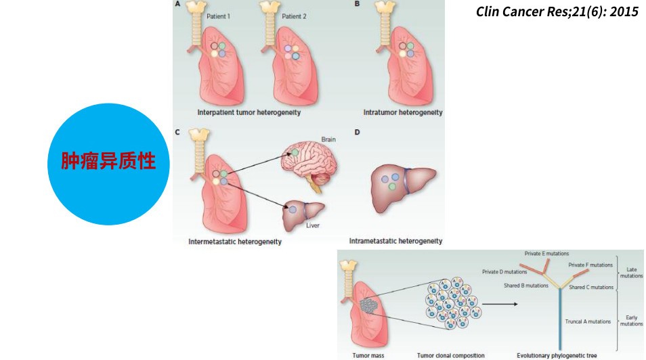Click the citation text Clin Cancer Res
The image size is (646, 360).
click(x=557, y=12)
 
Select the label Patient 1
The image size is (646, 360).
click(x=219, y=15)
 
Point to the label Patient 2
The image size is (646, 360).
click(x=294, y=15)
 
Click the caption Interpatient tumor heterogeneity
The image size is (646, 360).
click(x=249, y=112)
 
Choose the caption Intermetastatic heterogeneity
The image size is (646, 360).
click(x=235, y=241)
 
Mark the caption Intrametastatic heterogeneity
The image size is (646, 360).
click(x=395, y=241)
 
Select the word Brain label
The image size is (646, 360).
click(x=328, y=139)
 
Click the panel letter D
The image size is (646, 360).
click(x=357, y=131)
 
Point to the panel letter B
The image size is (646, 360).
click(x=357, y=4)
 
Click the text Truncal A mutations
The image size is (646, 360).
click(x=588, y=322)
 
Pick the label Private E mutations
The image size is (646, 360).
click(x=546, y=254)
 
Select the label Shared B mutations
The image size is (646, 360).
click(x=525, y=286)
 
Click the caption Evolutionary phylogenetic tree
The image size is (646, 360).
click(x=557, y=355)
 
